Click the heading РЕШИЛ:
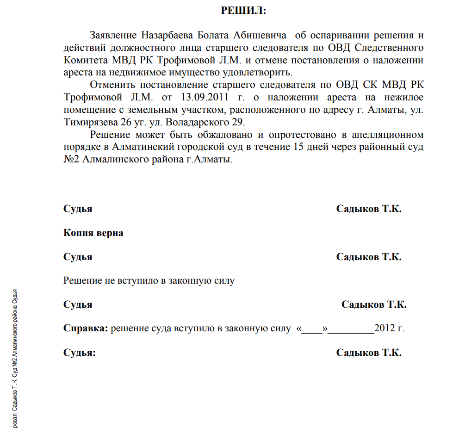[243, 11]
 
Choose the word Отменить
[110, 85]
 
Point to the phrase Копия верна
[93, 233]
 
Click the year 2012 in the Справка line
[385, 329]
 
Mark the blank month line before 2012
[353, 329]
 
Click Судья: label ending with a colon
[80, 353]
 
